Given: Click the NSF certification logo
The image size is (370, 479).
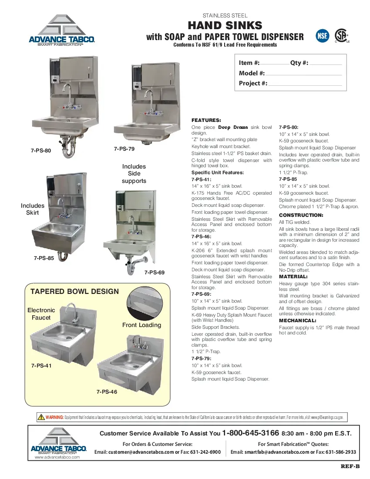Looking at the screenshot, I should [x=322, y=36].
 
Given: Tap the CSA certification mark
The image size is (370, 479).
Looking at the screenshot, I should [x=341, y=36].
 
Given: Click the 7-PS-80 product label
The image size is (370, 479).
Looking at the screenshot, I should [x=41, y=150].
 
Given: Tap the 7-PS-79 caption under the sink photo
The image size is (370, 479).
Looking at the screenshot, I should [x=124, y=149].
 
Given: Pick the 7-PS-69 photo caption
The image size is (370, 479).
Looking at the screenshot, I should [x=155, y=272].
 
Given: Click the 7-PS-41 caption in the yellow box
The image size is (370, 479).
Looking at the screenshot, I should [x=41, y=365].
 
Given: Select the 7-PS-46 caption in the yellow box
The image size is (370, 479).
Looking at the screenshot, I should [x=107, y=391].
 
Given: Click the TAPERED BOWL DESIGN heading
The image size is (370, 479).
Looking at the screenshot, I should [x=74, y=291].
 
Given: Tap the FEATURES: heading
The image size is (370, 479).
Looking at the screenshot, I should [x=206, y=120].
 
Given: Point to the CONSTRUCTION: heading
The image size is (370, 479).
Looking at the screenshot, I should [x=301, y=215].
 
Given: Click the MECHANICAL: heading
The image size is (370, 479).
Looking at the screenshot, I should [x=297, y=320].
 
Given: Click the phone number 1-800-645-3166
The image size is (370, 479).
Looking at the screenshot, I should [x=250, y=433].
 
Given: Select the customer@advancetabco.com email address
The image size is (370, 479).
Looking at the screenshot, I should [x=141, y=452].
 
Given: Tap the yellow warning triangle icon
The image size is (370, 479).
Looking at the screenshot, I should [x=41, y=417].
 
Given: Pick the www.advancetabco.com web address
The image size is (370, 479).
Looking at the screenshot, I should [x=57, y=457].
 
